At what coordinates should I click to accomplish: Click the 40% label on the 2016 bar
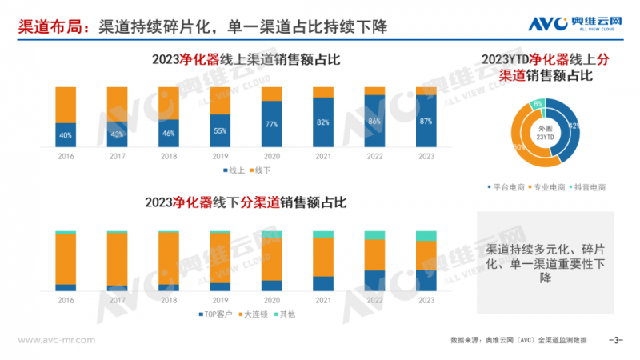66,134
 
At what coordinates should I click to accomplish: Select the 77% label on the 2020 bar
271,124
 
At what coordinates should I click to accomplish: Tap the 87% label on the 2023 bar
426,122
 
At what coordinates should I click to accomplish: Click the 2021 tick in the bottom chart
323,300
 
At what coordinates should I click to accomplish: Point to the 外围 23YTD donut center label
545,133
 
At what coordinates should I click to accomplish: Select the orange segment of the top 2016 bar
66,104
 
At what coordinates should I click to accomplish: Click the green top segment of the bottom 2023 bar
426,236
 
